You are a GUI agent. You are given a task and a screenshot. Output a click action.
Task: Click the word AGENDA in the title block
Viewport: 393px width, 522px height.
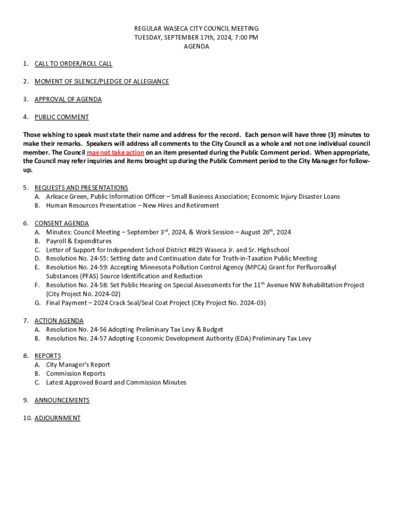click(x=196, y=46)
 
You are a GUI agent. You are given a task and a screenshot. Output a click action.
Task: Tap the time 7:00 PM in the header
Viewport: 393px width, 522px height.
click(x=245, y=38)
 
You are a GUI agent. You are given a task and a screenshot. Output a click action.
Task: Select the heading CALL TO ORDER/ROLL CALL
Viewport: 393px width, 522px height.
click(x=73, y=64)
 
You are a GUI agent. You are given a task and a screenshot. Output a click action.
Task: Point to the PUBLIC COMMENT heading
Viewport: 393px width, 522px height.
click(x=62, y=117)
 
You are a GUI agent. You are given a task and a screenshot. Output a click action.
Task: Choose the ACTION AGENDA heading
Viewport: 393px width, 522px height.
click(x=59, y=321)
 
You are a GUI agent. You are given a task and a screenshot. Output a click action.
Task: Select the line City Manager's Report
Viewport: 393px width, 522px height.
click(x=78, y=364)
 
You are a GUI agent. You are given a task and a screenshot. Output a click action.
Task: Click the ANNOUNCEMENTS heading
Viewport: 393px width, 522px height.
click(x=62, y=400)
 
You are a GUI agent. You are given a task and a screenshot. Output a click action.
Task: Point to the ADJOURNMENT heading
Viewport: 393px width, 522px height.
click(x=58, y=418)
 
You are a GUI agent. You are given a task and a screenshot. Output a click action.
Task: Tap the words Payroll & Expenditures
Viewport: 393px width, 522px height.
click(x=79, y=241)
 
